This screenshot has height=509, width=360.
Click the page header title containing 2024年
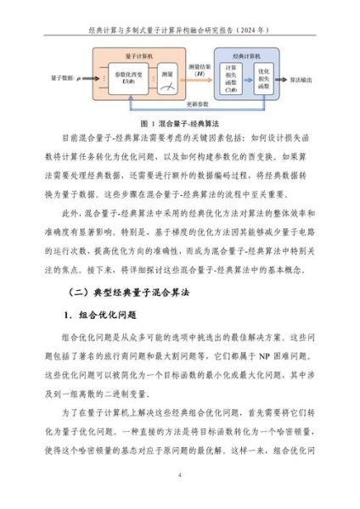click(180, 28)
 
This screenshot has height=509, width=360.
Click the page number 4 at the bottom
click(180, 476)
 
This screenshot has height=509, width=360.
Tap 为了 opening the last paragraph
click(70, 410)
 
